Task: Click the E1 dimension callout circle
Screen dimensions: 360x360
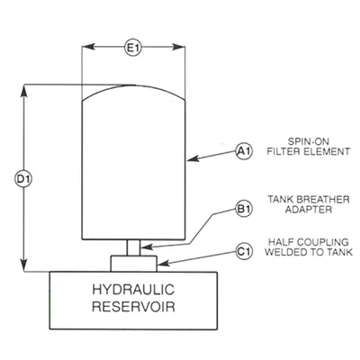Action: click(133, 48)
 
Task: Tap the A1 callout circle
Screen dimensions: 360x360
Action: click(245, 151)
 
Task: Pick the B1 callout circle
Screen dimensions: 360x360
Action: click(245, 209)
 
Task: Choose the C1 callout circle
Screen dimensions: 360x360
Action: click(245, 251)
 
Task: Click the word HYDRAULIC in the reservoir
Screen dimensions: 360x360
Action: click(133, 290)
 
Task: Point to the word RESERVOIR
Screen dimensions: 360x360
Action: click(133, 307)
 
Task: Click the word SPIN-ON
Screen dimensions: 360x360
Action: click(304, 141)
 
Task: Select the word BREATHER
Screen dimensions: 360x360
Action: click(323, 200)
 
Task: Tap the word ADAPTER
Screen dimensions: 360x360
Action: click(309, 210)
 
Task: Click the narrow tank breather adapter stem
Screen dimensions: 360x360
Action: click(133, 247)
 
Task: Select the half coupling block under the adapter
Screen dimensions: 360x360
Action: click(134, 264)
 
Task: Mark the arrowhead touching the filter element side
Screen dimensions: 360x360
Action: click(193, 158)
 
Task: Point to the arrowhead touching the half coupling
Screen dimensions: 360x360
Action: click(163, 264)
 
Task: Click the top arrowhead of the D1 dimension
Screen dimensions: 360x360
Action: click(23, 91)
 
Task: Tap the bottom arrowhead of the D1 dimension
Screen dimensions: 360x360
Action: click(23, 265)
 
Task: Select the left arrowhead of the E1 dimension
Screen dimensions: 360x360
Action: click(88, 47)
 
